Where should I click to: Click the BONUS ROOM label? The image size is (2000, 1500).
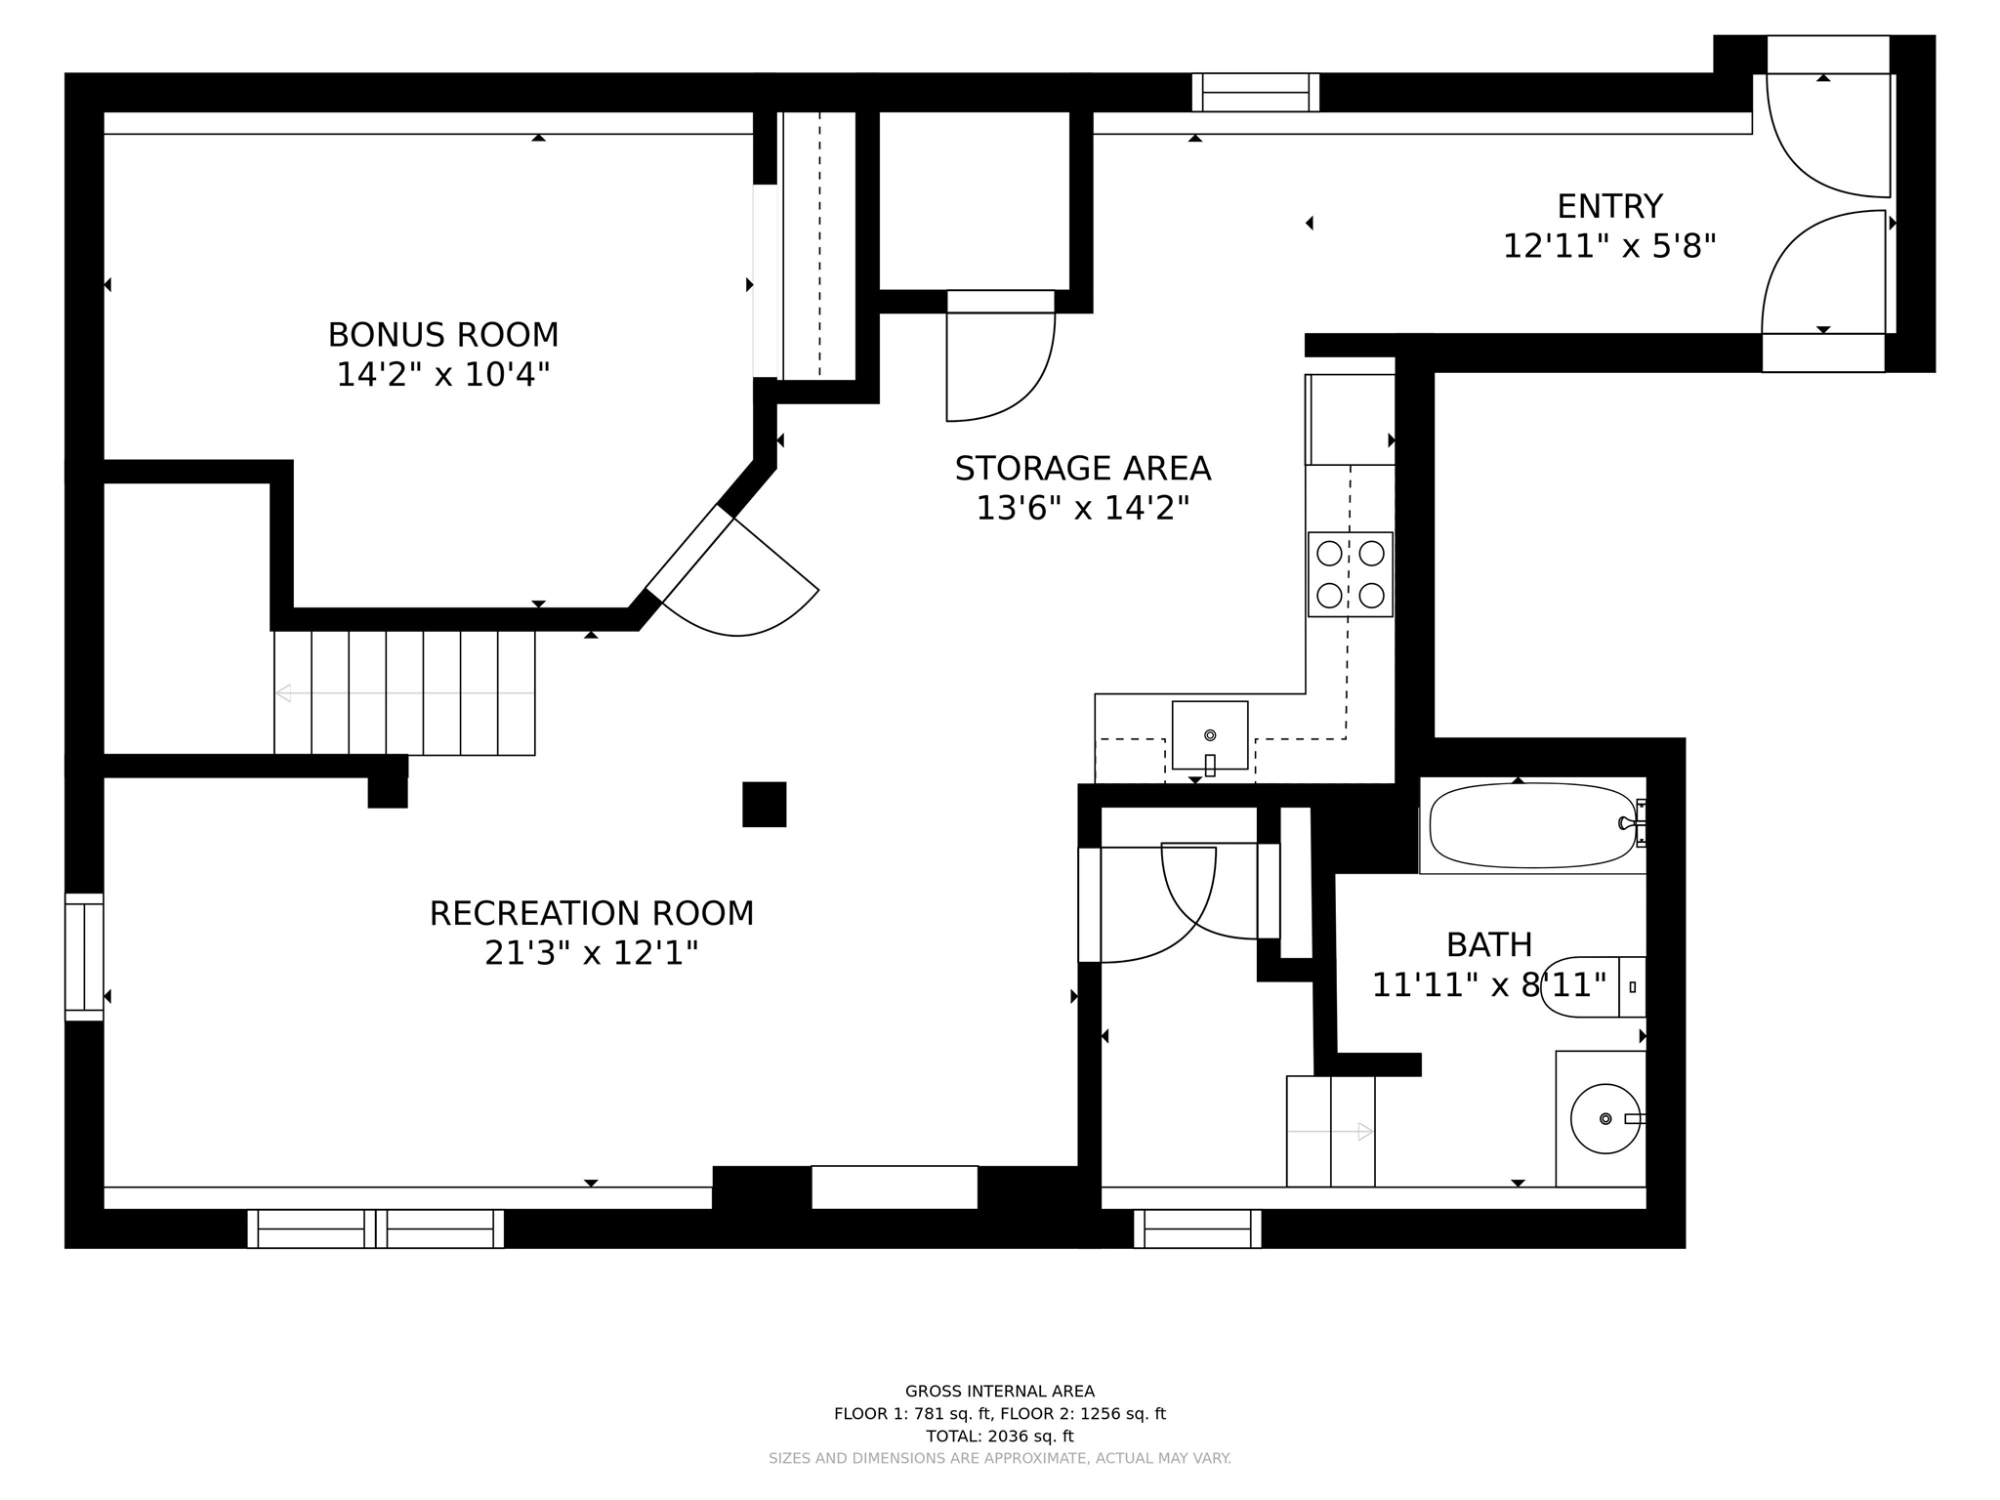[443, 335]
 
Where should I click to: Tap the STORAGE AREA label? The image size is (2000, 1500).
[1083, 469]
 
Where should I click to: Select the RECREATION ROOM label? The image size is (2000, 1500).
[592, 913]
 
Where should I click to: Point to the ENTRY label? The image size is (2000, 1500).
[1609, 206]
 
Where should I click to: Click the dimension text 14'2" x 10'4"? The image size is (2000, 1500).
[443, 374]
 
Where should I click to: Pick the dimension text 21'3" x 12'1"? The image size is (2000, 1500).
[592, 952]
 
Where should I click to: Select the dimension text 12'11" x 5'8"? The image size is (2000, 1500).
[1609, 246]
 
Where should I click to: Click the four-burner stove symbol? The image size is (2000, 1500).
[1351, 574]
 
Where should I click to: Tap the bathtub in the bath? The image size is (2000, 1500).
[1533, 825]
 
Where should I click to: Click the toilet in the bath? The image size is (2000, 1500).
[1594, 986]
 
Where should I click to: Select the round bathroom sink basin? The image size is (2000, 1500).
[1605, 1118]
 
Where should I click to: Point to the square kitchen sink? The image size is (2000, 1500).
[1210, 735]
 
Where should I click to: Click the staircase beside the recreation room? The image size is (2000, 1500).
[404, 692]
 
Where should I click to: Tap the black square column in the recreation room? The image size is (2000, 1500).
[765, 804]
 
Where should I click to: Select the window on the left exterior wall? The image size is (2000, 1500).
[85, 957]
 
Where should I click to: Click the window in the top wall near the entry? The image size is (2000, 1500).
[1256, 93]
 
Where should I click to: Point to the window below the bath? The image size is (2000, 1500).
[1197, 1229]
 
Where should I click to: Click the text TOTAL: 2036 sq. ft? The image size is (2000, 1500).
[1000, 1436]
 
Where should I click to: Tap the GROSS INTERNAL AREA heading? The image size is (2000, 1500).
[1000, 1392]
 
